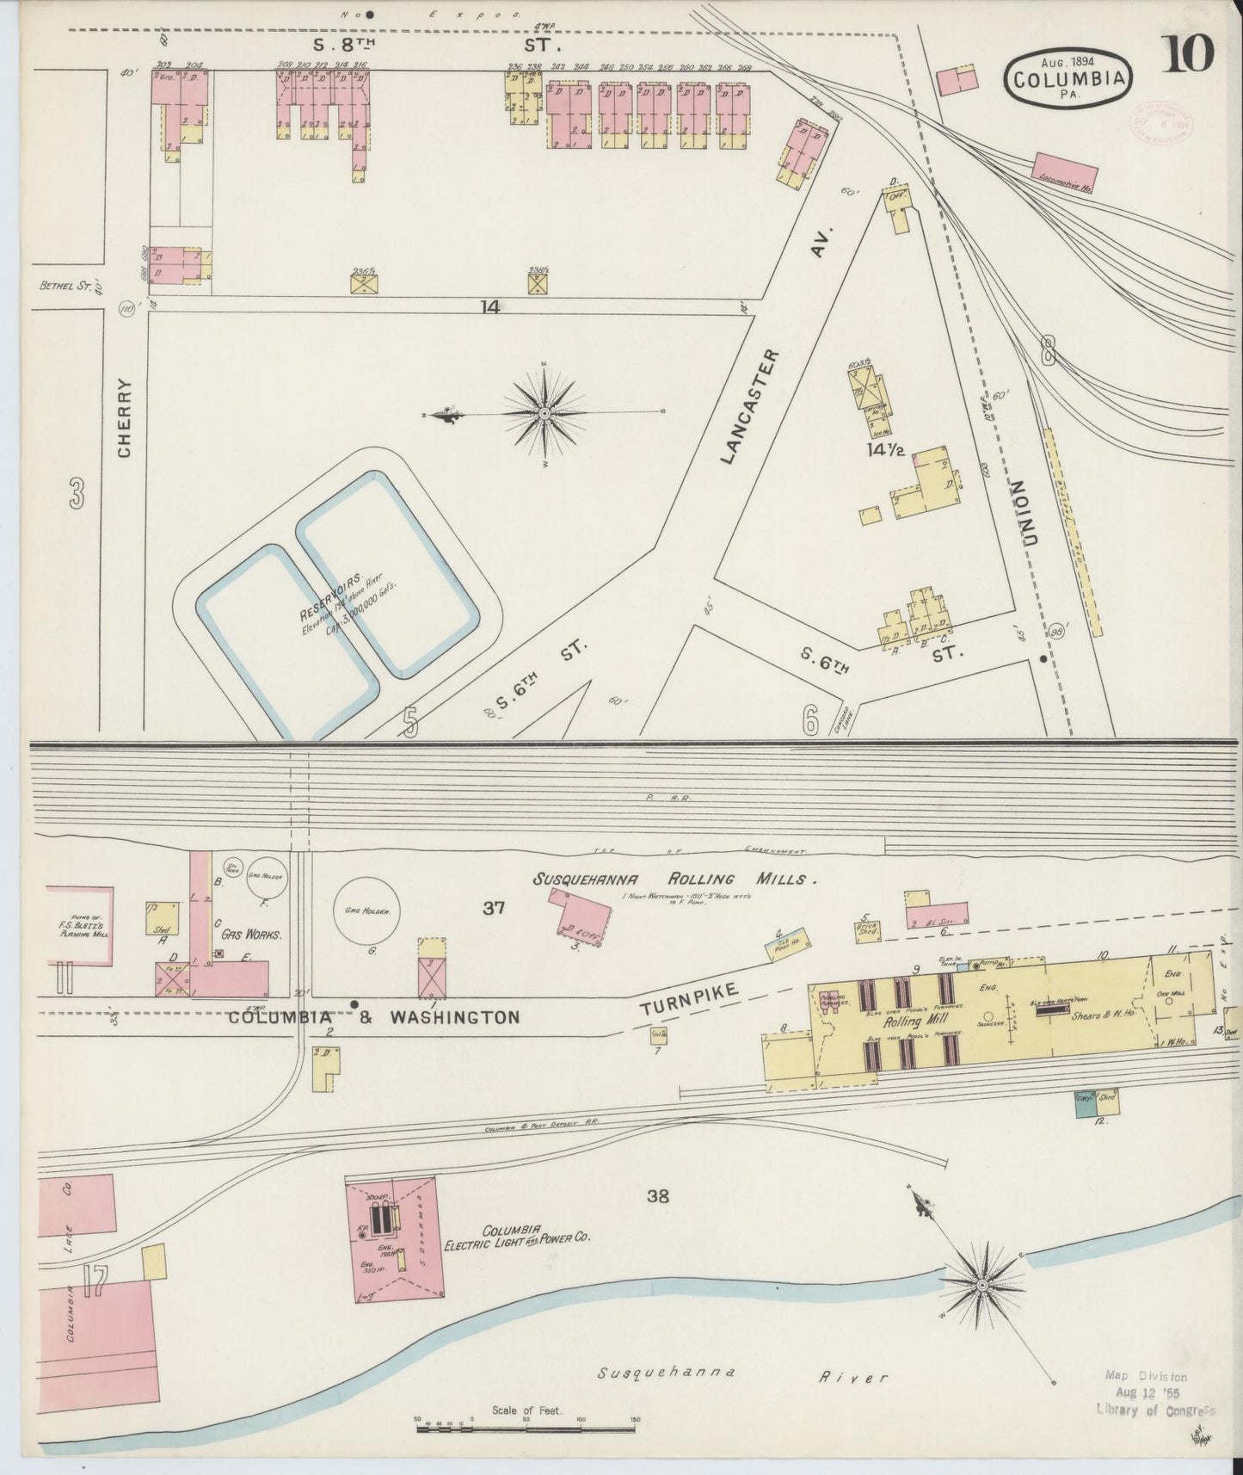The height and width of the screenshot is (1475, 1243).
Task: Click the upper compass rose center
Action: coord(545,414)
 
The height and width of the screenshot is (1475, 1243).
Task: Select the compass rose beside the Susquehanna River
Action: coord(981,1284)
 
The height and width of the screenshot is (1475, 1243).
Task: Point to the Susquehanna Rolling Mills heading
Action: coord(674,879)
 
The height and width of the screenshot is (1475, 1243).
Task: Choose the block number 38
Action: coord(658,1195)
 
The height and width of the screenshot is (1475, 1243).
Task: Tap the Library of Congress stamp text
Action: coord(1155,1409)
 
